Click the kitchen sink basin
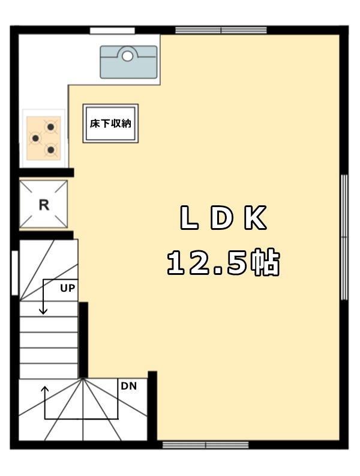129,62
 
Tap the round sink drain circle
127,56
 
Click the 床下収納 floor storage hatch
110,123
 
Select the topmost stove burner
50,127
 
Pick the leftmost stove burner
35,139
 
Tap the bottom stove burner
50,149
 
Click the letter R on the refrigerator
44,205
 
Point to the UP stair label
67,288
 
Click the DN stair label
129,386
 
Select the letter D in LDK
221,217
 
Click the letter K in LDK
256,217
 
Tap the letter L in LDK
189,217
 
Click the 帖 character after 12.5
265,262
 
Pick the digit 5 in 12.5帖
237,262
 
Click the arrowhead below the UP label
43,311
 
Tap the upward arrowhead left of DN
45,389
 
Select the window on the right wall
344,237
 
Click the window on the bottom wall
205,445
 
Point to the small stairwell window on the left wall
15,273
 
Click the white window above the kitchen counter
112,31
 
